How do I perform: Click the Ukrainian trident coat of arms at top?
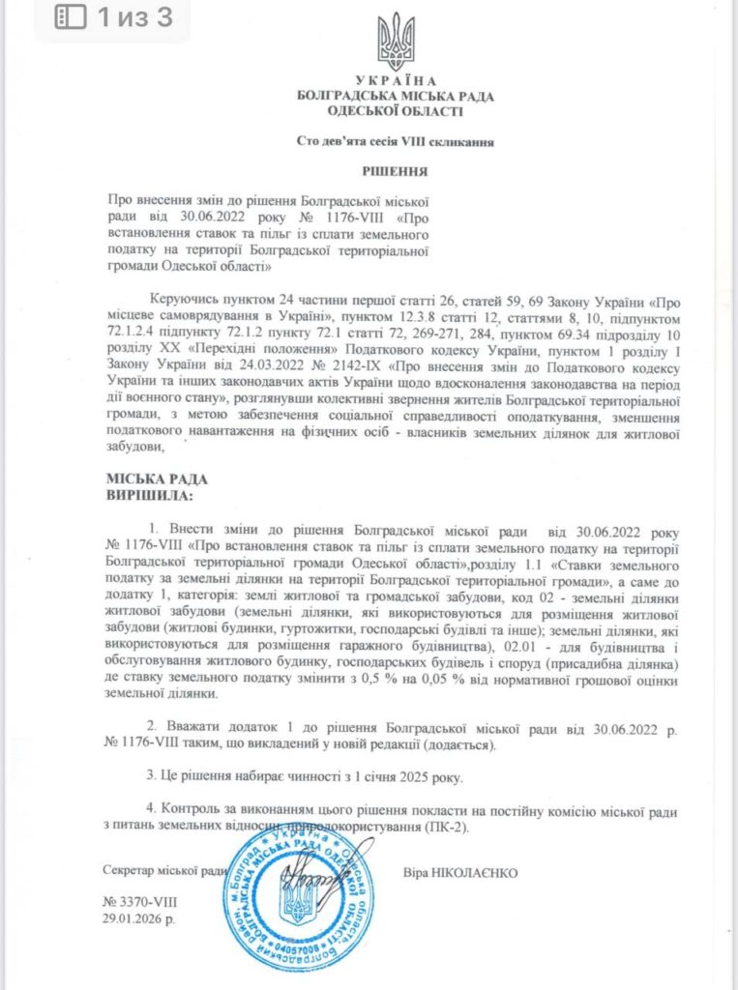[x=396, y=39]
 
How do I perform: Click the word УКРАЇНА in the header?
[x=396, y=80]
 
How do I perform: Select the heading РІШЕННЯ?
[x=396, y=169]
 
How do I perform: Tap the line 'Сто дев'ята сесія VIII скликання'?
[x=396, y=142]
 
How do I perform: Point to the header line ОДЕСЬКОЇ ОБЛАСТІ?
[x=396, y=111]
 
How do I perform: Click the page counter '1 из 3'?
[x=134, y=16]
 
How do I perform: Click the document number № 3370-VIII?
[x=139, y=900]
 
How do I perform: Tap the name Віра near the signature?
[x=418, y=871]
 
